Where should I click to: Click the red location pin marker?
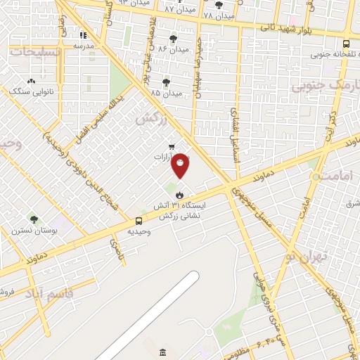coord(180,165)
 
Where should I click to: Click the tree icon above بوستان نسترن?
coord(33,220)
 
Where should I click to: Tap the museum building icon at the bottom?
coord(163,352)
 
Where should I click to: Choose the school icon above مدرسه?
coord(84,34)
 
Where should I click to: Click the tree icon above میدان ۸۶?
coord(174,39)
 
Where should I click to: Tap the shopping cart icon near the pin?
coord(171,147)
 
